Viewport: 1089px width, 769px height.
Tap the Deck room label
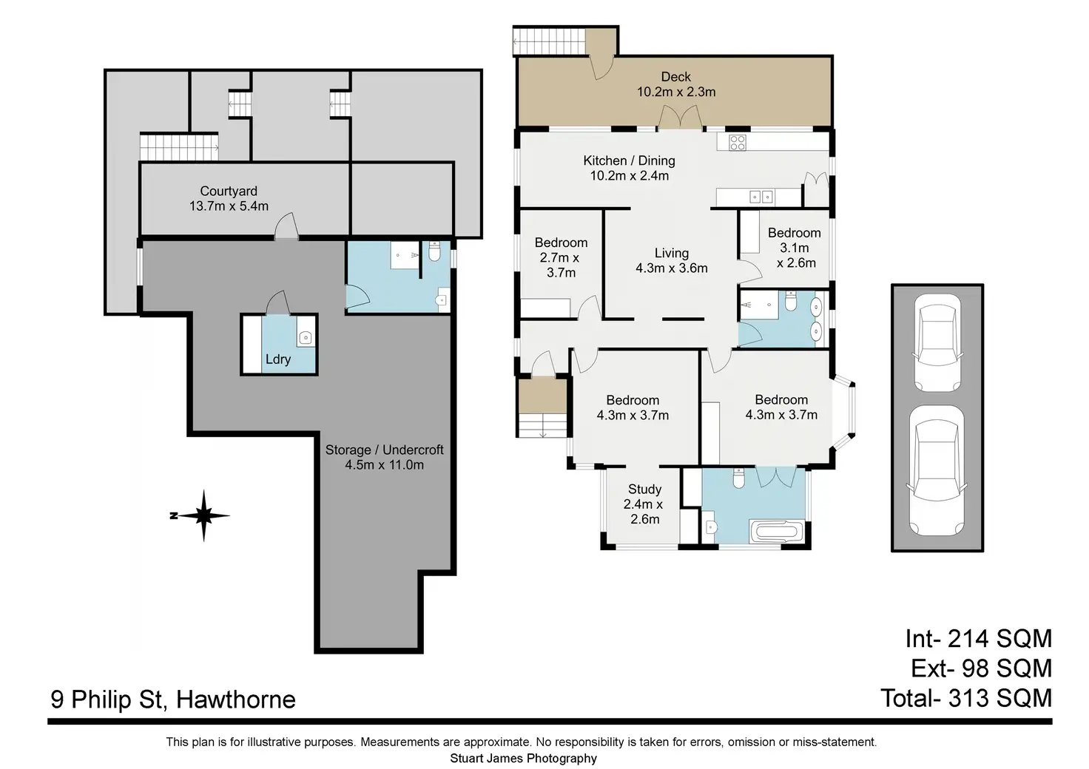pyautogui.click(x=675, y=77)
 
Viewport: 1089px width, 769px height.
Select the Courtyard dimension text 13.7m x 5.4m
pyautogui.click(x=229, y=206)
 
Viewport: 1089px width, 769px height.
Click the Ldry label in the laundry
pyautogui.click(x=278, y=359)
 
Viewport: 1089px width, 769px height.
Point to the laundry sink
pyautogui.click(x=305, y=338)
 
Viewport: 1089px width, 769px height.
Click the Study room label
pyautogui.click(x=644, y=489)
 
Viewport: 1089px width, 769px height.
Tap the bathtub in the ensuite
pyautogui.click(x=775, y=532)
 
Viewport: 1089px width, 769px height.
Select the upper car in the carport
pyautogui.click(x=937, y=342)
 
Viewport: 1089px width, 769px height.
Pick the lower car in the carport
pyautogui.click(x=937, y=470)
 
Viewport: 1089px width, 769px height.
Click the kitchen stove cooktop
pyautogui.click(x=737, y=143)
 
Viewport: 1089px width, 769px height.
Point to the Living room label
pyautogui.click(x=671, y=253)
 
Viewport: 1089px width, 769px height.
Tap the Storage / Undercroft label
pyautogui.click(x=385, y=450)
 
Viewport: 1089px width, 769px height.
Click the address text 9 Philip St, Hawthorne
pyautogui.click(x=173, y=699)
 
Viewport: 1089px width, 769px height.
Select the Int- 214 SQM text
pyautogui.click(x=977, y=638)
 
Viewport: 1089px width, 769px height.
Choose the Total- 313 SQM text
pyautogui.click(x=965, y=697)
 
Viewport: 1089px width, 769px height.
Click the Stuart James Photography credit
pyautogui.click(x=523, y=758)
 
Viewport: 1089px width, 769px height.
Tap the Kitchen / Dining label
pyautogui.click(x=629, y=160)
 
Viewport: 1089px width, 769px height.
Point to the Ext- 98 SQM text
pyautogui.click(x=980, y=668)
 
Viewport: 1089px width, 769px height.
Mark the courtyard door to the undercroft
pyautogui.click(x=286, y=228)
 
